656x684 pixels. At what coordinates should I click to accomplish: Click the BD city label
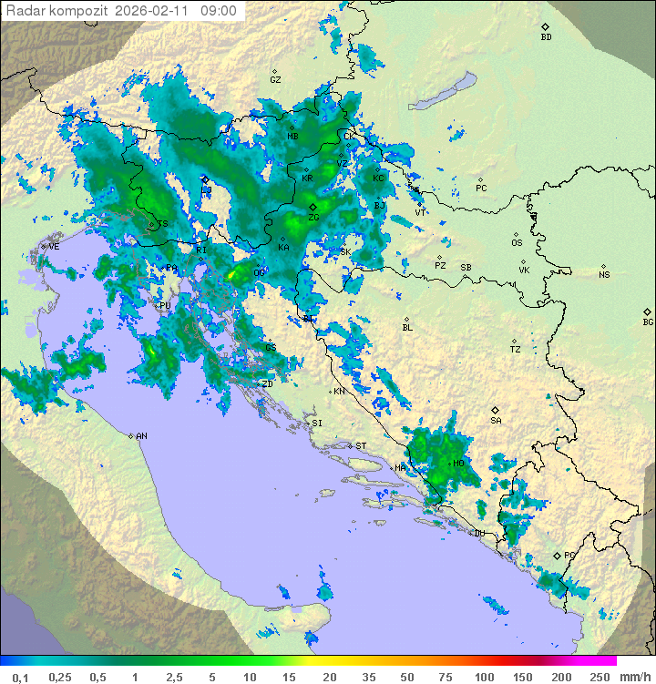[546, 37]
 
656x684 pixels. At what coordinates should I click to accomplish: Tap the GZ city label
[275, 80]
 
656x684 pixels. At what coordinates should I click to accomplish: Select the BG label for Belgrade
[648, 322]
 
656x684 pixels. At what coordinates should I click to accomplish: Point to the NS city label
[604, 275]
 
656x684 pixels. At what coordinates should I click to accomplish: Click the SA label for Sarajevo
[496, 421]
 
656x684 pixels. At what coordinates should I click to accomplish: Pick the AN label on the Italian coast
[141, 436]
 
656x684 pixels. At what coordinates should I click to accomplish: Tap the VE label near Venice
[54, 247]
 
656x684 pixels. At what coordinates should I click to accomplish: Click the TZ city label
[516, 350]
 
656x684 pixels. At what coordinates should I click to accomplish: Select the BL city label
[407, 328]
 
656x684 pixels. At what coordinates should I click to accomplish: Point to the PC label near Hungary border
[481, 189]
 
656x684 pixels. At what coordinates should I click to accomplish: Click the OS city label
[517, 243]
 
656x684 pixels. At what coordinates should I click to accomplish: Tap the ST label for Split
[361, 446]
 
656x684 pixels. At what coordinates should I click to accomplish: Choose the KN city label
[339, 392]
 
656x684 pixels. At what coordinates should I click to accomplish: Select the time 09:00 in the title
[219, 11]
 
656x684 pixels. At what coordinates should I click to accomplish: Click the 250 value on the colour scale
[599, 677]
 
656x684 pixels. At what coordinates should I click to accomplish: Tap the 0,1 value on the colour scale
[20, 677]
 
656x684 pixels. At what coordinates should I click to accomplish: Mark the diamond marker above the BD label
[545, 27]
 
